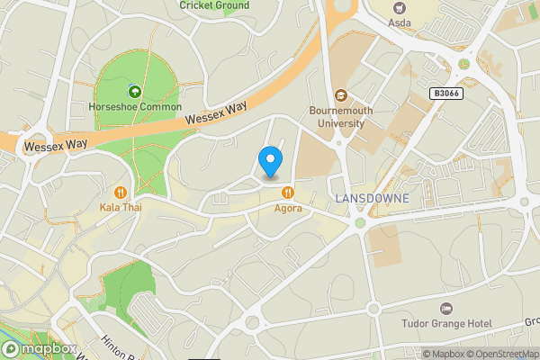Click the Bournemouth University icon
pyautogui.click(x=340, y=95)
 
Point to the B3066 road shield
pyautogui.click(x=446, y=94)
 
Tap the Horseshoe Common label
pyautogui.click(x=135, y=107)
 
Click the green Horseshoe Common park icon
pyautogui.click(x=135, y=91)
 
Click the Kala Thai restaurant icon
pyautogui.click(x=120, y=192)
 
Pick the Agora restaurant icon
pyautogui.click(x=288, y=192)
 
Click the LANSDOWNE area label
pyautogui.click(x=372, y=198)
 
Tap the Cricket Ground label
pyautogui.click(x=214, y=5)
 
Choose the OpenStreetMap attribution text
pyautogui.click(x=501, y=354)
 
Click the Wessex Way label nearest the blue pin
pyautogui.click(x=215, y=113)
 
